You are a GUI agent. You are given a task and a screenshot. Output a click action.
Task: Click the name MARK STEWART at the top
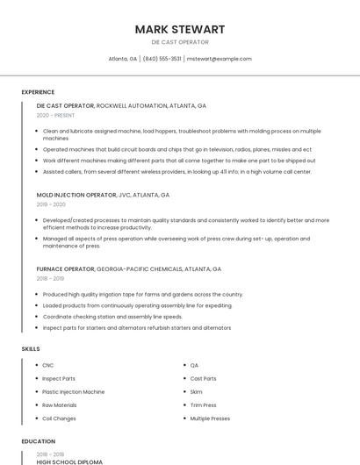click(x=179, y=29)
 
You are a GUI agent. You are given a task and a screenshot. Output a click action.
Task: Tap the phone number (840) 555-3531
click(x=162, y=59)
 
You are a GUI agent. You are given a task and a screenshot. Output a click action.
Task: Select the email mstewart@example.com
click(x=220, y=59)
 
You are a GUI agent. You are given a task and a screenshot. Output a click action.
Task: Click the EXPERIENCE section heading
click(x=38, y=92)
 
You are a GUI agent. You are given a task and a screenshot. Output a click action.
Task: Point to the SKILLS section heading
click(x=31, y=349)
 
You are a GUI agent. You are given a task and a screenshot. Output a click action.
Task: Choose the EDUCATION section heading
click(x=38, y=441)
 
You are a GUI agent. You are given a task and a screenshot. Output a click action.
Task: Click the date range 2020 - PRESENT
click(x=55, y=115)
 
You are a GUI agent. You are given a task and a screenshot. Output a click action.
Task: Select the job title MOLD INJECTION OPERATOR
click(x=76, y=195)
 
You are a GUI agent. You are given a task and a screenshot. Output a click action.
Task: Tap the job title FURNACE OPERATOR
click(x=65, y=269)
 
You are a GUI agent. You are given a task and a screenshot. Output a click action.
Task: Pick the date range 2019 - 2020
click(x=51, y=204)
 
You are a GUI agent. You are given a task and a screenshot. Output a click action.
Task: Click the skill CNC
click(x=47, y=365)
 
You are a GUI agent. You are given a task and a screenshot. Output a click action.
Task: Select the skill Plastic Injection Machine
click(x=73, y=392)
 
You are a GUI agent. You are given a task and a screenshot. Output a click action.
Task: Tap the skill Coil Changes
click(x=59, y=419)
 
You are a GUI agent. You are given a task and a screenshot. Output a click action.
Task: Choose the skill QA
click(x=194, y=365)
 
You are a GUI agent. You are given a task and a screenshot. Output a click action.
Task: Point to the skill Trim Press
click(x=203, y=405)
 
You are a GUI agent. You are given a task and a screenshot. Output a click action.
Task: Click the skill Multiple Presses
click(x=210, y=419)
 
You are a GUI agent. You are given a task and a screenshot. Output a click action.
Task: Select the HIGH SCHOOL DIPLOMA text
click(x=69, y=461)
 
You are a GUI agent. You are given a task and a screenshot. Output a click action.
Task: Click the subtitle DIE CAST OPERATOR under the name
click(x=179, y=42)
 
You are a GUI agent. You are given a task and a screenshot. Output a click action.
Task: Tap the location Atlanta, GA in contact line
click(x=122, y=59)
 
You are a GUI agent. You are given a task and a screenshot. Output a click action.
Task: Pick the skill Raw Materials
click(x=59, y=405)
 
